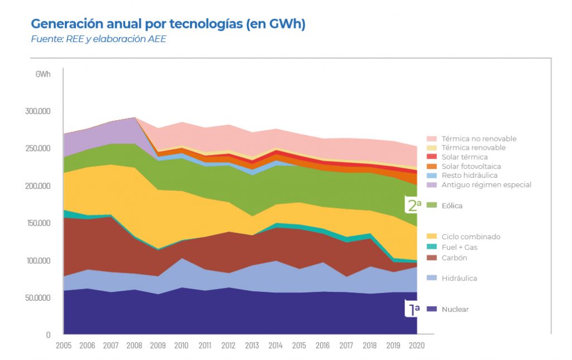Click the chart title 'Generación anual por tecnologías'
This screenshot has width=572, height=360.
[168, 25]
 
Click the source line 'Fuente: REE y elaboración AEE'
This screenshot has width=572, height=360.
[98, 40]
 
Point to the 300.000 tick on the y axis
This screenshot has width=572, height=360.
[38, 111]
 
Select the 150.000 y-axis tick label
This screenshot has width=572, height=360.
[38, 223]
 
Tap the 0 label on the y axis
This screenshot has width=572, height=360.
[48, 334]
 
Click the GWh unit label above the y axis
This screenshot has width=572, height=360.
[43, 74]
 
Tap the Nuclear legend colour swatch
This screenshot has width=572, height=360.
[431, 309]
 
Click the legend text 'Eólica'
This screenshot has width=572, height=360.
[452, 206]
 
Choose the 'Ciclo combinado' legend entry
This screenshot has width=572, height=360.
[470, 237]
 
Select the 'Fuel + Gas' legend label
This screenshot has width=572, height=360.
[459, 247]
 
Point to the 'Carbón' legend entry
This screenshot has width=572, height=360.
[454, 258]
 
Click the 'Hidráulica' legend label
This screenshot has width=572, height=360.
[459, 278]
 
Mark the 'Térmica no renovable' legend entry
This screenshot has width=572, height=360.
[479, 139]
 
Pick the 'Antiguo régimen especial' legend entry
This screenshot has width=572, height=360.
[486, 185]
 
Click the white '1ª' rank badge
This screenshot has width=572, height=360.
[412, 309]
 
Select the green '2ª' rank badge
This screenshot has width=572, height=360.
[413, 205]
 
